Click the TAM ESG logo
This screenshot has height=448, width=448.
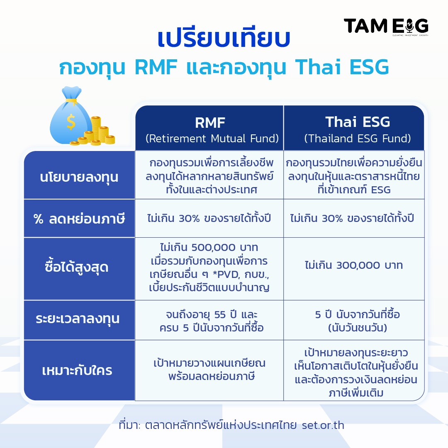pos(386,27)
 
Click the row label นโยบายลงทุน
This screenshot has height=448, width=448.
pos(79,177)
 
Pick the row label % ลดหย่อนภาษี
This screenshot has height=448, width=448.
pos(79,219)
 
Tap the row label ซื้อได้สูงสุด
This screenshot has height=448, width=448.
pos(77,267)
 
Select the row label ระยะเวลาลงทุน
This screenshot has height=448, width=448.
pos(78,319)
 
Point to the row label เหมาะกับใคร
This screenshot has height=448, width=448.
pos(77,370)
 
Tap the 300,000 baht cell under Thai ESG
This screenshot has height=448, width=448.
pos(354,265)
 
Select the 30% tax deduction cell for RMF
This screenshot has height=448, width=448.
pos(209,218)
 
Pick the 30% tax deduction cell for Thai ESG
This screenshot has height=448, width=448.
pos(352,218)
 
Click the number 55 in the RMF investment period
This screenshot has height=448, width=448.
pos(220,314)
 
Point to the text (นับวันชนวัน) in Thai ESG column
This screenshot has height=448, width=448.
pos(358,327)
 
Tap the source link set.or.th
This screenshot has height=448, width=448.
pos(323,425)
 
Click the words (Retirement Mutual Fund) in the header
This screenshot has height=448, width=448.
pos(212,139)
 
